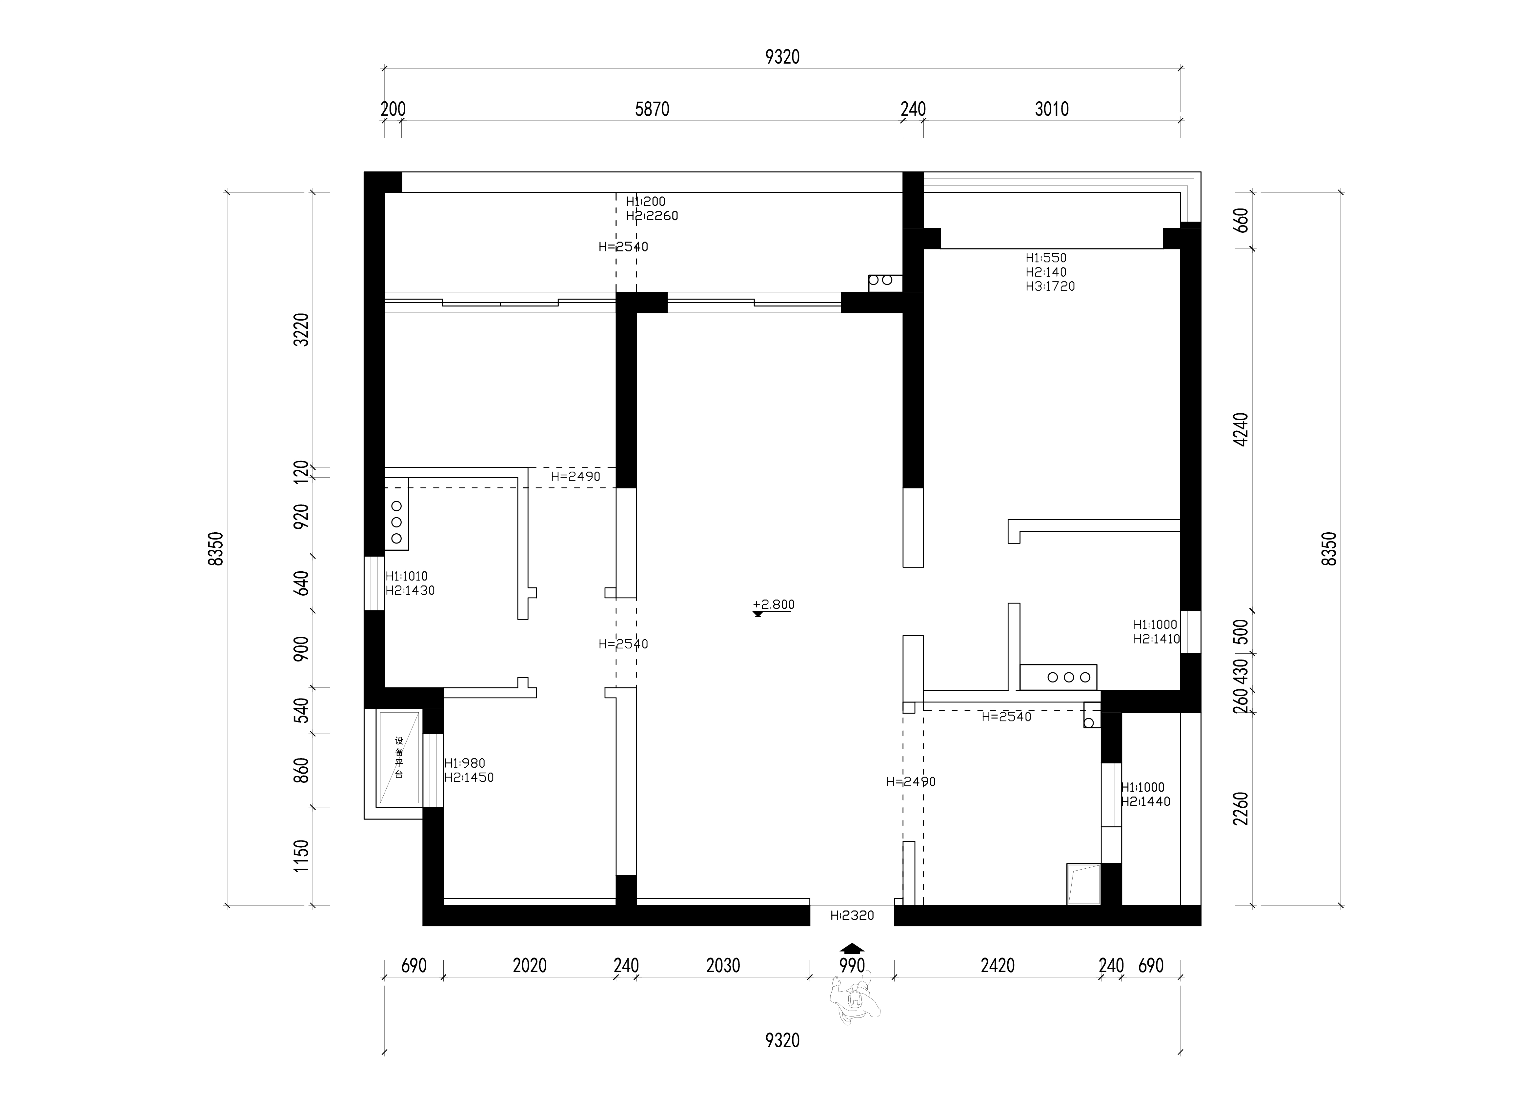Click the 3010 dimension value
click(x=1052, y=109)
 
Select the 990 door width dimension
click(x=852, y=966)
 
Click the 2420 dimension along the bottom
click(x=998, y=966)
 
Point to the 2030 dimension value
click(x=723, y=966)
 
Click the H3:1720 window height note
click(x=1050, y=286)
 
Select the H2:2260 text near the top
click(x=652, y=216)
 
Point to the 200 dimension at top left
click(x=394, y=109)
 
